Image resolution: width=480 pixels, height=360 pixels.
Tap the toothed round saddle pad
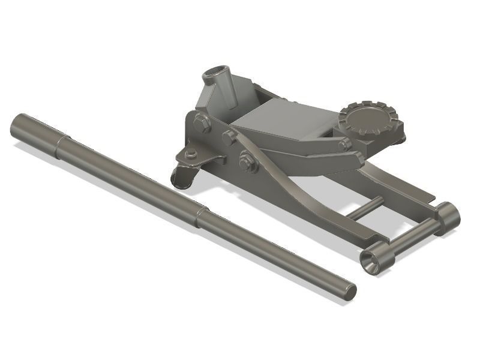[367, 121]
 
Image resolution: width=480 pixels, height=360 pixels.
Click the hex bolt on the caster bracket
[191, 154]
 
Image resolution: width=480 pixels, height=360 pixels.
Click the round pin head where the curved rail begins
[229, 137]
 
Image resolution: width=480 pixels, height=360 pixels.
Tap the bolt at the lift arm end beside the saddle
[344, 145]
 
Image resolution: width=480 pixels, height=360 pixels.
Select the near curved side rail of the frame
[312, 204]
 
